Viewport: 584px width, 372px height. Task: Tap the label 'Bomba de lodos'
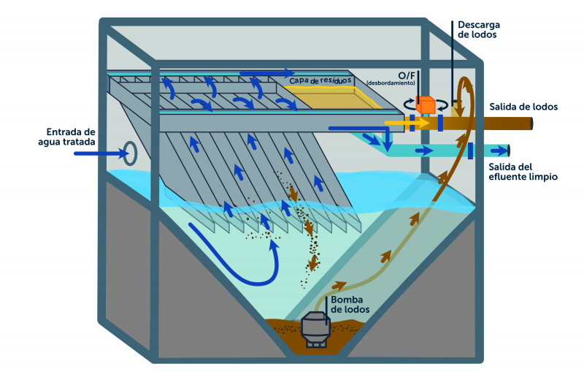350,304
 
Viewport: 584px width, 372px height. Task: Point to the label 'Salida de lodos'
524,107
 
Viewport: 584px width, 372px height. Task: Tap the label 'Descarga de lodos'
478,29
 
